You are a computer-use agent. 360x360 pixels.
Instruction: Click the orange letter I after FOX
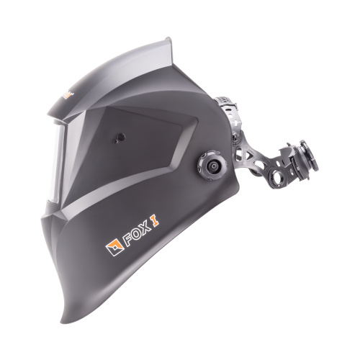point(155,221)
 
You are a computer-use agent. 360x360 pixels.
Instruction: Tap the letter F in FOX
point(128,240)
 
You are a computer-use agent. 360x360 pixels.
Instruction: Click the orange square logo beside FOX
point(114,247)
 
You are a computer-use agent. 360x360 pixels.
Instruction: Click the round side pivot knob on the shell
point(212,166)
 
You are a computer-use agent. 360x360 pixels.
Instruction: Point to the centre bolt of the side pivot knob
point(212,166)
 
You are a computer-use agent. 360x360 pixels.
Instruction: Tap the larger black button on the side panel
point(121,137)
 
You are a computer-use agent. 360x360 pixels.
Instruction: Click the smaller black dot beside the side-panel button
point(116,142)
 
